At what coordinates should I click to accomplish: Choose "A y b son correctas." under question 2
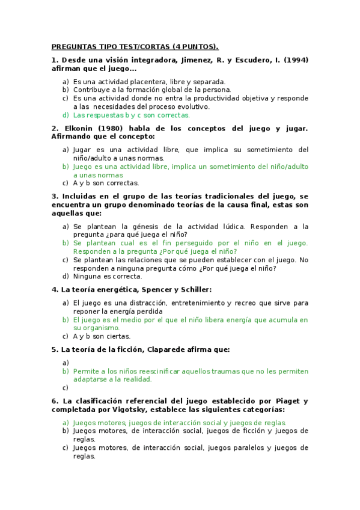[x=106, y=183]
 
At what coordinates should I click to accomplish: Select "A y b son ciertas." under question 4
[x=102, y=336]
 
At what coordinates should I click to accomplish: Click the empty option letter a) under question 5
[x=66, y=363]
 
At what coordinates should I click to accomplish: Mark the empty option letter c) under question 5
[x=66, y=388]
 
